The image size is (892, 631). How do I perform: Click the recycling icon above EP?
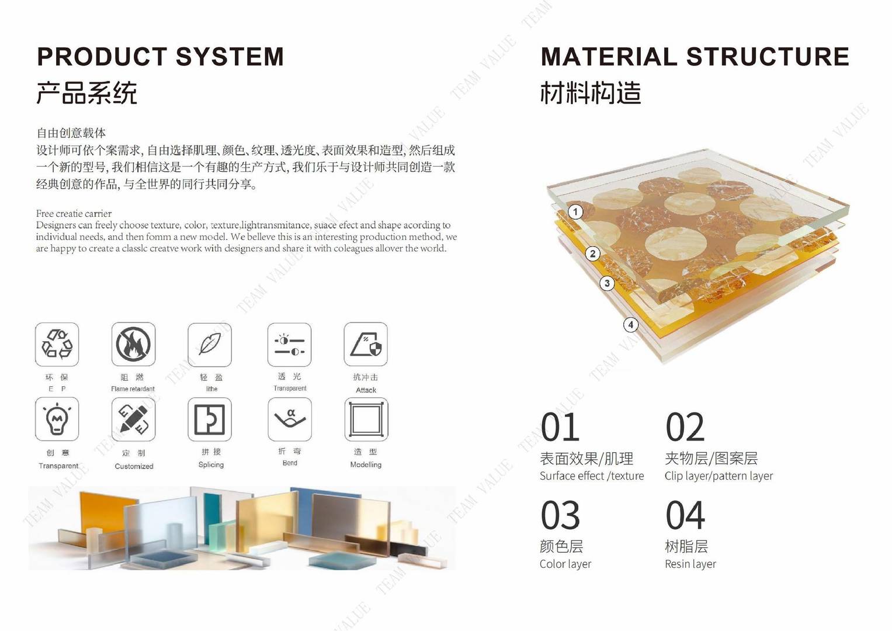(57, 344)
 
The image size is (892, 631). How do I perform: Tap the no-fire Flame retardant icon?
(133, 344)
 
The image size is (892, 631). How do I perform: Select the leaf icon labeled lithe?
(210, 345)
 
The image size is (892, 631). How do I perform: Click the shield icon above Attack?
(366, 344)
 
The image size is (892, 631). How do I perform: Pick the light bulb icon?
(57, 419)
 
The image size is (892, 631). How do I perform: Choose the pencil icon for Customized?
(133, 419)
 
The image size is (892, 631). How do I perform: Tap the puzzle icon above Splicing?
(210, 419)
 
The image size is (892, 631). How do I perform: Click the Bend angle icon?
(290, 419)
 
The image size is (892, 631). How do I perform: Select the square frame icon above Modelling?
(366, 419)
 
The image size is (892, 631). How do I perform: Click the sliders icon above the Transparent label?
(290, 345)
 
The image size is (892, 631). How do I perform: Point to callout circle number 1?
(575, 212)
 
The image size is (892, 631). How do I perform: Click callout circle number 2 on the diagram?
(592, 254)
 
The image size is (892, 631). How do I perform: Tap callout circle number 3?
(607, 283)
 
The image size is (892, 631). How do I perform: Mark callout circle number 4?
(630, 325)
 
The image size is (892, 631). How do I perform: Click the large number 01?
(560, 427)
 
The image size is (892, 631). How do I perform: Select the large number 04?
(685, 515)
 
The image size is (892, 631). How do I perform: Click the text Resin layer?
(690, 564)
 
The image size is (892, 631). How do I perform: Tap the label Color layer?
(565, 564)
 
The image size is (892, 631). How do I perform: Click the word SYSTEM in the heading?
(230, 56)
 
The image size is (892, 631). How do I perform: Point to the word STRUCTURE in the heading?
(768, 56)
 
